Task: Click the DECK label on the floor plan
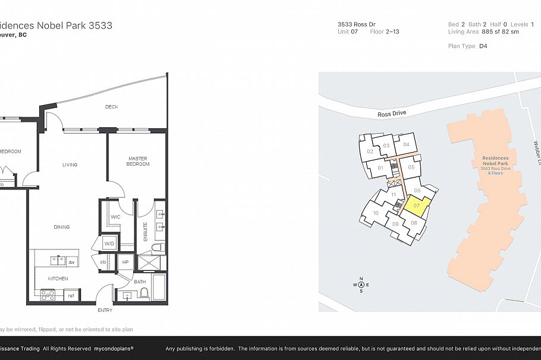click(x=111, y=107)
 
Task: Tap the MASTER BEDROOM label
click(x=138, y=161)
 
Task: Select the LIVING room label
click(x=70, y=165)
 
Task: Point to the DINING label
click(x=61, y=227)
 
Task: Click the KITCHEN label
click(x=58, y=278)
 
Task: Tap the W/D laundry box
click(x=109, y=244)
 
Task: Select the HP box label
click(x=125, y=262)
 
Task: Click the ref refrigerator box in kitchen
click(x=70, y=295)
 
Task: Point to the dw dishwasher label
click(x=71, y=262)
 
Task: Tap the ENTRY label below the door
click(x=105, y=310)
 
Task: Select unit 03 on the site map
click(x=386, y=146)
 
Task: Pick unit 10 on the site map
click(x=376, y=213)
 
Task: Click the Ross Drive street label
click(x=392, y=113)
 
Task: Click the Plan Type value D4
click(x=483, y=46)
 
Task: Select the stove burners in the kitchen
click(x=47, y=293)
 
